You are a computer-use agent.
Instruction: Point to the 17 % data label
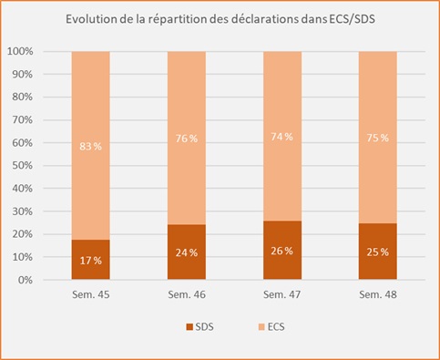point(91,261)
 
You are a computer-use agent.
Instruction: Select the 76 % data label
point(187,139)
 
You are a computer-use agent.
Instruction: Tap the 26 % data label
point(281,251)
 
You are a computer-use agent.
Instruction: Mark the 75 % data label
point(377,139)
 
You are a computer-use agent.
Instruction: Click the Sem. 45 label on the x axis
point(91,296)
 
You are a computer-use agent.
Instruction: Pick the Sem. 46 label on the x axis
point(187,296)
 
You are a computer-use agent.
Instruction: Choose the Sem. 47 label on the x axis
point(281,296)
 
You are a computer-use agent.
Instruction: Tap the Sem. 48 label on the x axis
point(377,296)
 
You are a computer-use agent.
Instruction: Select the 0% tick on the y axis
point(26,281)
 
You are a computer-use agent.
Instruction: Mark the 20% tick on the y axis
point(24,235)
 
